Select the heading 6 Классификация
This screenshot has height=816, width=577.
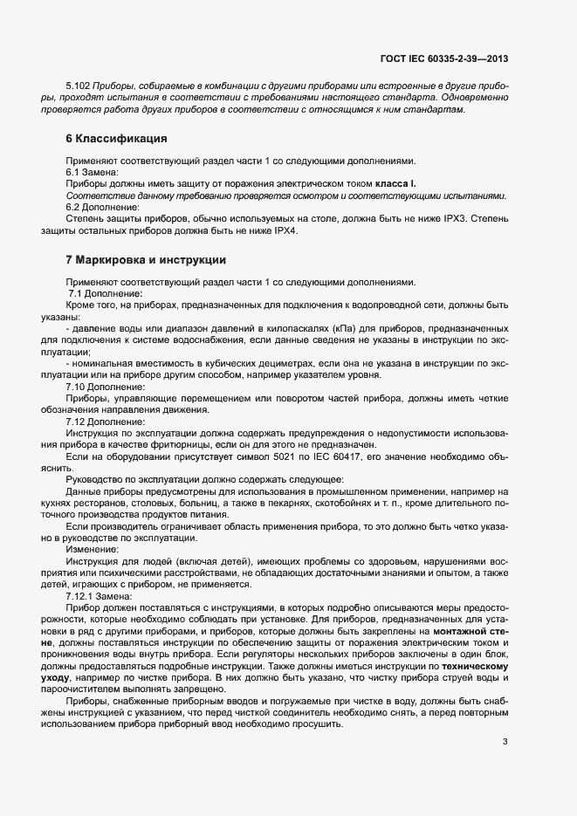tap(116, 139)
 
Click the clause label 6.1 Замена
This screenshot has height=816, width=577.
tap(98, 173)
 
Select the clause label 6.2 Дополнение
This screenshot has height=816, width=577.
tap(103, 207)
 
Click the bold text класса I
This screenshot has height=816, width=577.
tap(395, 184)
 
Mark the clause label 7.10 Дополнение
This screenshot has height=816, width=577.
tap(106, 387)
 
